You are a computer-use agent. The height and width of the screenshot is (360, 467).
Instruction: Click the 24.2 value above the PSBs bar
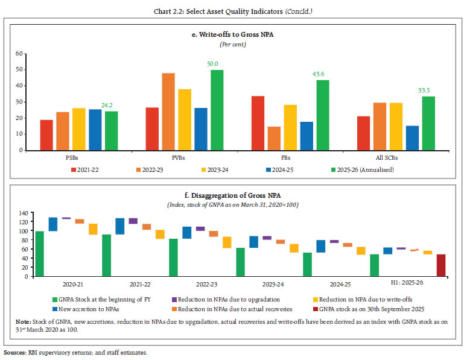(112, 105)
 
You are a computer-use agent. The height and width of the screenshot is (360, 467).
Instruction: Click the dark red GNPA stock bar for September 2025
(441, 265)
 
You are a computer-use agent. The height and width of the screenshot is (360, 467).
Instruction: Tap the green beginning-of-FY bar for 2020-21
(40, 253)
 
